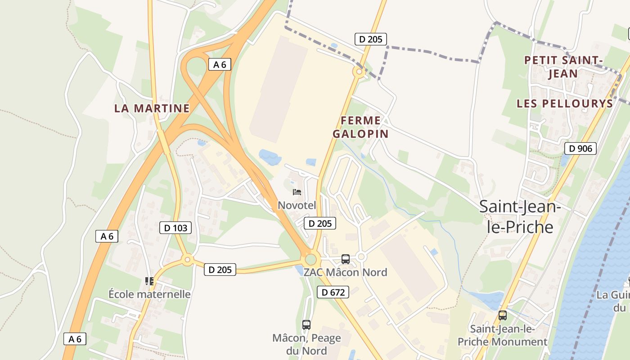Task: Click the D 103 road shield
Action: click(x=175, y=228)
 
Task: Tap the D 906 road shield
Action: click(x=580, y=148)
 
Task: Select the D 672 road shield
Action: click(x=333, y=292)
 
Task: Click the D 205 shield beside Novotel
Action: click(x=319, y=223)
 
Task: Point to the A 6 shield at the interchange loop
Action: click(x=220, y=64)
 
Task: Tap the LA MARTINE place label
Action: click(x=152, y=108)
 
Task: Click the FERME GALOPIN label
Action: click(x=360, y=127)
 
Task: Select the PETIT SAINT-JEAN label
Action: click(x=563, y=67)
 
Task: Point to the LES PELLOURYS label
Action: click(x=565, y=103)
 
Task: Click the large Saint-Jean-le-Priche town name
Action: click(x=520, y=216)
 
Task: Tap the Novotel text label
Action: click(x=297, y=205)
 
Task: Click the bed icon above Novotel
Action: click(x=297, y=192)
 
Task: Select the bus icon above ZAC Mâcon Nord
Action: click(x=346, y=259)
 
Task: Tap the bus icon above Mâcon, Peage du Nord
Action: click(x=306, y=324)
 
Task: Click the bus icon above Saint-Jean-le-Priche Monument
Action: click(x=503, y=315)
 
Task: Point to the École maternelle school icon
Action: click(x=149, y=282)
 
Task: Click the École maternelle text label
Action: click(x=149, y=294)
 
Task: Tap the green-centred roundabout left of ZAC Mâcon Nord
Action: click(x=310, y=260)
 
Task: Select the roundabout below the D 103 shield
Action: click(x=188, y=259)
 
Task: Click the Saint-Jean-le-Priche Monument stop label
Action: click(x=502, y=335)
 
